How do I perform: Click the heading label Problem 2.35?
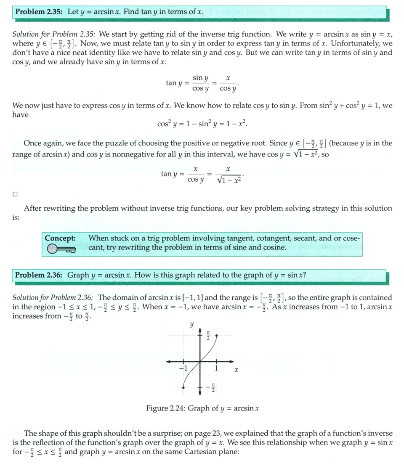(x=39, y=12)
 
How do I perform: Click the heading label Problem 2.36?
(x=39, y=275)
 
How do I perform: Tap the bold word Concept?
(x=60, y=238)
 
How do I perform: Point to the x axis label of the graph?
(x=237, y=370)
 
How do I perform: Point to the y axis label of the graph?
(x=191, y=325)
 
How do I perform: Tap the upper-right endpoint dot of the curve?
(x=216, y=335)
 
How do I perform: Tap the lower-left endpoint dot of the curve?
(x=183, y=387)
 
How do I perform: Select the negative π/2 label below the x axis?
(x=212, y=387)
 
